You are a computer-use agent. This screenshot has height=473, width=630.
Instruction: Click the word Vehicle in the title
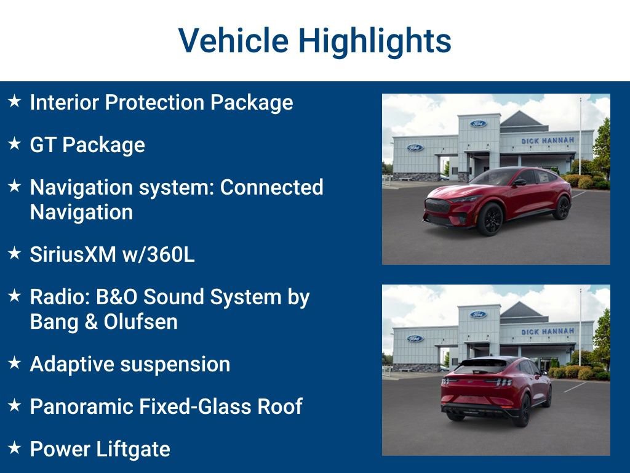coord(233,41)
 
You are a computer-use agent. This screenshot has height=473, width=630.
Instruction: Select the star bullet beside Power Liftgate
coord(15,447)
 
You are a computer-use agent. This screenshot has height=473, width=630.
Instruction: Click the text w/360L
coord(158,254)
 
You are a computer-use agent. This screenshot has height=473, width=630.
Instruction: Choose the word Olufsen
coord(141,321)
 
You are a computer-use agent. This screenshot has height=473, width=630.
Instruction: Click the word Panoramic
coord(81,406)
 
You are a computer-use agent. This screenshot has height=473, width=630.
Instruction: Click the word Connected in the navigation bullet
coord(271,187)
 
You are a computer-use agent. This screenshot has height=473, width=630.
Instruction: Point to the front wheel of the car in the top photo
coord(490,219)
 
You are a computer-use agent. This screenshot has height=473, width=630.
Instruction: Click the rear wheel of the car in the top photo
coord(562,208)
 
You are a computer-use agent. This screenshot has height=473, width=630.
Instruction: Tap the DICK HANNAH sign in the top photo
coord(548,140)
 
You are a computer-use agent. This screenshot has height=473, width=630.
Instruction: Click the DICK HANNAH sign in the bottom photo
coord(548,331)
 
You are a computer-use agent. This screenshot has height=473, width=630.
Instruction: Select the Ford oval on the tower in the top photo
coord(478,124)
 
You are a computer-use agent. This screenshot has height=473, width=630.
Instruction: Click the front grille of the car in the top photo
coord(437,206)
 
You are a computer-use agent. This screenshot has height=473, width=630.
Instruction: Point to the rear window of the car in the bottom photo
coord(481,366)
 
